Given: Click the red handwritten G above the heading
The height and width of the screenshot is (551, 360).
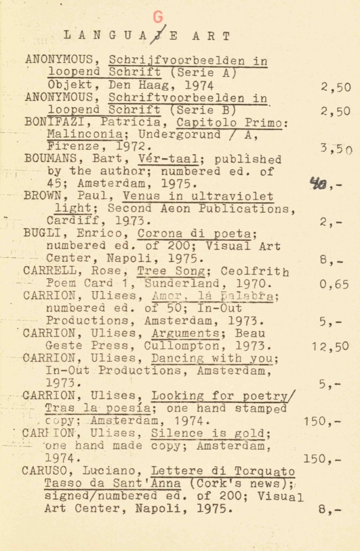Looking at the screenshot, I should pyautogui.click(x=158, y=17).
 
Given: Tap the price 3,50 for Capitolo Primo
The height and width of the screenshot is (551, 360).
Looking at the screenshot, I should pyautogui.click(x=336, y=148).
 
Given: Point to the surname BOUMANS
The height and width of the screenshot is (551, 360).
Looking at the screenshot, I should pyautogui.click(x=49, y=159).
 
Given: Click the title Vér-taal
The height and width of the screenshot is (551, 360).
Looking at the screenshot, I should pyautogui.click(x=160, y=159).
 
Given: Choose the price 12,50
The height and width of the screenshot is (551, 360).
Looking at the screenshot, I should pyautogui.click(x=330, y=347).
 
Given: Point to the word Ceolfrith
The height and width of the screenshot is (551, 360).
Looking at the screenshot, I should pyautogui.click(x=255, y=271).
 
